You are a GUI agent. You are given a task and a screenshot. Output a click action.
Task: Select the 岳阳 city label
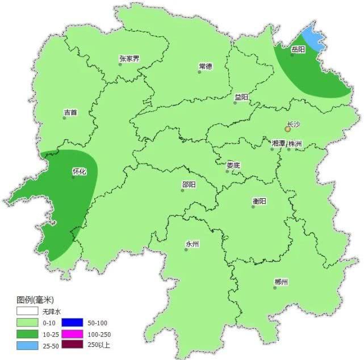(298, 49)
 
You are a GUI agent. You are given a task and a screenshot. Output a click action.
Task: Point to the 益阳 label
(241, 97)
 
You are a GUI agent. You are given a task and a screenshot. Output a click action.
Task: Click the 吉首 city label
(70, 112)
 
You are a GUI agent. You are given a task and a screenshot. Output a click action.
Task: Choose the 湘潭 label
(278, 144)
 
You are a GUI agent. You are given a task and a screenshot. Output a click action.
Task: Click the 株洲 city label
(295, 144)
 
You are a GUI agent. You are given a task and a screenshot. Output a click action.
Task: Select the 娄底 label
(233, 165)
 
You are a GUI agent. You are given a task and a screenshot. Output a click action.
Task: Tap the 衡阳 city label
(259, 201)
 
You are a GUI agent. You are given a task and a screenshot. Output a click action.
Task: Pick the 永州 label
(192, 244)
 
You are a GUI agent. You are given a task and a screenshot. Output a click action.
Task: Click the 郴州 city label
(281, 282)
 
